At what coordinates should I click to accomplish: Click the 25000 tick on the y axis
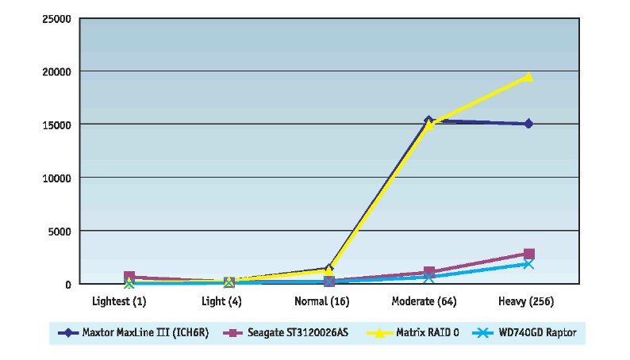point(56,18)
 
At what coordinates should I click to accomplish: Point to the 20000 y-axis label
point(56,71)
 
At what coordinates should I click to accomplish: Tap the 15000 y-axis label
point(56,124)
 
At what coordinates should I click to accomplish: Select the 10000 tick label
point(56,178)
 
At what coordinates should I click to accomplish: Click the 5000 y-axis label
point(59,231)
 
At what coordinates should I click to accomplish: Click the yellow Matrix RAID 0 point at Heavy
point(528,77)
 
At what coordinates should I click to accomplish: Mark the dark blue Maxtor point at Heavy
point(528,124)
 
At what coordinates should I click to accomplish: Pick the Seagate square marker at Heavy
point(528,254)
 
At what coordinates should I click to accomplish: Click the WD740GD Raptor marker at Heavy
point(528,263)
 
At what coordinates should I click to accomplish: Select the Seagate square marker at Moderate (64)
point(428,272)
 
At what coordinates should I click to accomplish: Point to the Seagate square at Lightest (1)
point(129,277)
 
